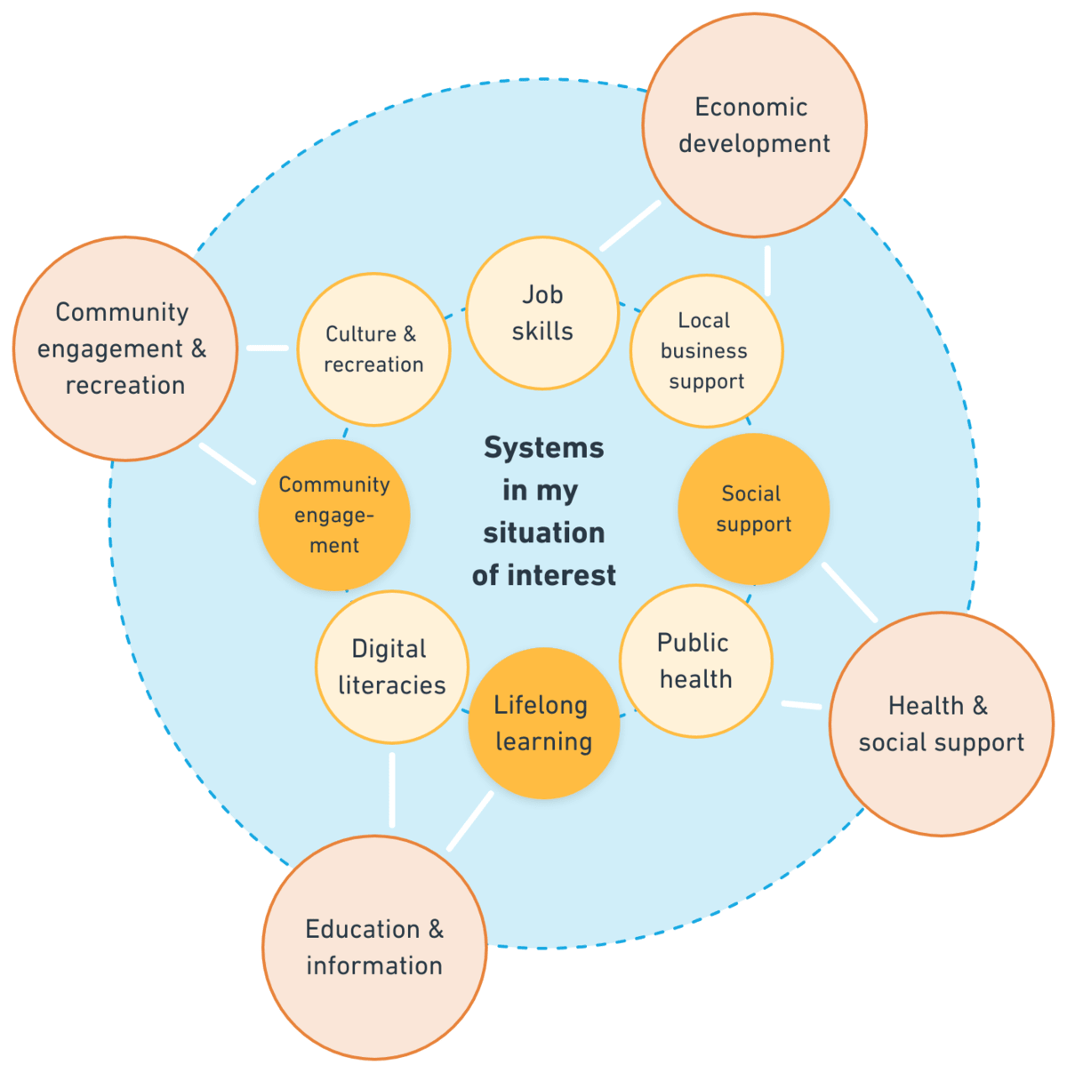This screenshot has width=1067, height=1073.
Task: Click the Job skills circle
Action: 542,313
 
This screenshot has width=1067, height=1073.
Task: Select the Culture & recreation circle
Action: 374,349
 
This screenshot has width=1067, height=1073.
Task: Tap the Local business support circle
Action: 706,351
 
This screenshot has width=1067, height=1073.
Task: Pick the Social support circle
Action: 753,509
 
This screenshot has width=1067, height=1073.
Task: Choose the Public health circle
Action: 695,661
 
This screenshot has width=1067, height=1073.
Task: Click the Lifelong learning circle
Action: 543,723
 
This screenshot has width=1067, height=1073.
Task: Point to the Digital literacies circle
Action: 391,667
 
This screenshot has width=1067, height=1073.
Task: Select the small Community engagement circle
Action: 334,515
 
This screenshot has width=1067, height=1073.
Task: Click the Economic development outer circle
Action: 754,125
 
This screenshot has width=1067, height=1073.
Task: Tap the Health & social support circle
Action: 941,724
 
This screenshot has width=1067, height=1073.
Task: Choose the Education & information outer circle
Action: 374,948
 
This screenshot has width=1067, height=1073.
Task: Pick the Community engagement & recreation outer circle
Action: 124,348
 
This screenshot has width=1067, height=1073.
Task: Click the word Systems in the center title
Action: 543,448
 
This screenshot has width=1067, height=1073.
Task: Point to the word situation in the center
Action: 543,533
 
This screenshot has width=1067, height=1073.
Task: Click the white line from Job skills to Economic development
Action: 630,226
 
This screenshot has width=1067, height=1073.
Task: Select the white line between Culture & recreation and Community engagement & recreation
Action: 268,348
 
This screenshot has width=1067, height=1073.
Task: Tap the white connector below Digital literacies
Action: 392,789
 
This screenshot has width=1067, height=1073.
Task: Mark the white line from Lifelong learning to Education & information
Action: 470,821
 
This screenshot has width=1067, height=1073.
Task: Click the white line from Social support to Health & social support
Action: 850,592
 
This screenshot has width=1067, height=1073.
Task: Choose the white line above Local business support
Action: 767,270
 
